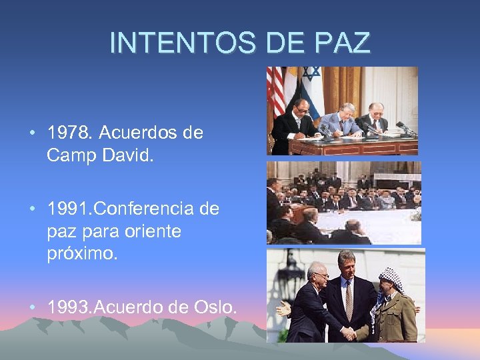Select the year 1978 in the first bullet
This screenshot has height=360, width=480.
point(69,133)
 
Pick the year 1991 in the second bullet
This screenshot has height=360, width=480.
point(69,209)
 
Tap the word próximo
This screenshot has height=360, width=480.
point(82,254)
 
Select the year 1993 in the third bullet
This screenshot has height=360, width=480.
point(69,307)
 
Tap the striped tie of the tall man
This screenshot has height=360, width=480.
point(348,300)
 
